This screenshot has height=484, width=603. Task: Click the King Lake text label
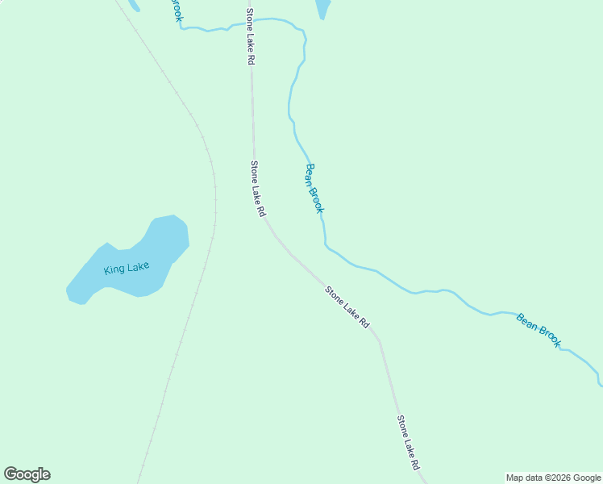tap(127, 267)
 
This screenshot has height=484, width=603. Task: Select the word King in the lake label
tap(114, 269)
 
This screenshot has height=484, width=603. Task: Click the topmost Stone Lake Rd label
tap(251, 38)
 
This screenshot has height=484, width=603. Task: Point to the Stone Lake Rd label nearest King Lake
tap(257, 190)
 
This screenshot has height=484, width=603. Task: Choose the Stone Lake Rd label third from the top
tap(347, 307)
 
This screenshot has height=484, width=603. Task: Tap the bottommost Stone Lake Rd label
tap(408, 443)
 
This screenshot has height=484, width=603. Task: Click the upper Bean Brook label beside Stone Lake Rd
tap(314, 189)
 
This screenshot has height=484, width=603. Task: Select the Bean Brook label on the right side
tap(539, 330)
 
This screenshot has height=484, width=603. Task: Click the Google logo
tap(27, 474)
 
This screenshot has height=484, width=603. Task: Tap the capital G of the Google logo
tap(11, 474)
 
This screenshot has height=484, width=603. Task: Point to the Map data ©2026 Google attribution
tap(553, 478)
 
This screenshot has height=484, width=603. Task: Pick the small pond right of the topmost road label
tap(322, 8)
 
